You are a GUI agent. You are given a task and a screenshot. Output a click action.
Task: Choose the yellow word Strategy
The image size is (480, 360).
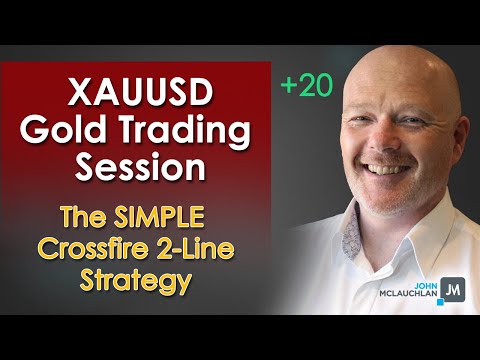coord(139,283)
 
